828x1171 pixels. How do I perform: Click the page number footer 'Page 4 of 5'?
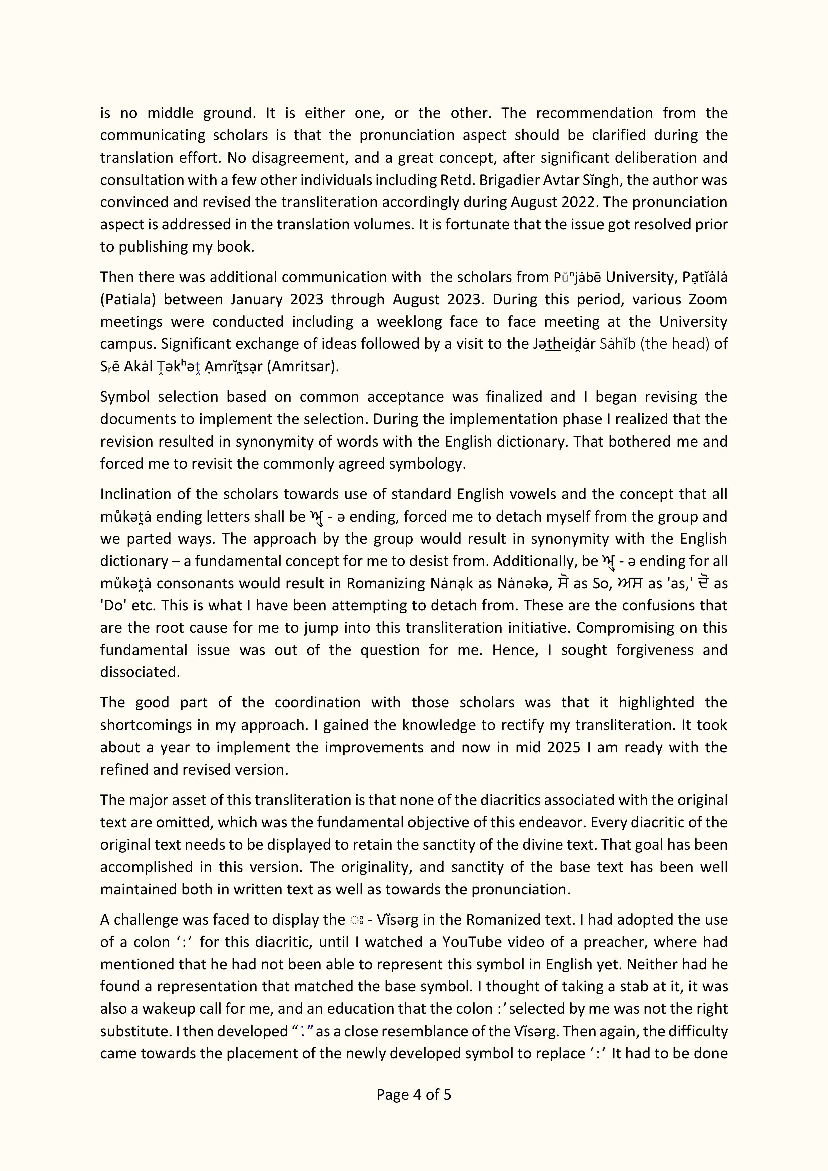click(x=414, y=1095)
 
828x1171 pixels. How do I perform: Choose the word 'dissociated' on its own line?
click(x=140, y=672)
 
